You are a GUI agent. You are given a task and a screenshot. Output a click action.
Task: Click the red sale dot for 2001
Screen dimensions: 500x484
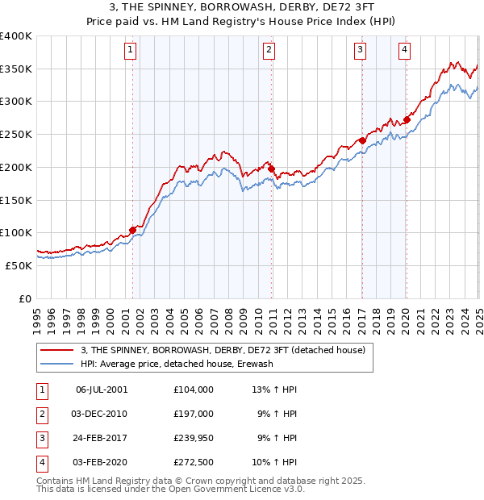click(x=132, y=230)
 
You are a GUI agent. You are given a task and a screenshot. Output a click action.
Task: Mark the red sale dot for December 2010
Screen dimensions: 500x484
click(x=271, y=169)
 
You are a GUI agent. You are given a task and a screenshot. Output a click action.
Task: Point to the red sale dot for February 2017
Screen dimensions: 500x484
click(x=362, y=141)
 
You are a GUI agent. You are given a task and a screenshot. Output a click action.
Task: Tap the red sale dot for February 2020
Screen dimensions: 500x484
click(x=407, y=120)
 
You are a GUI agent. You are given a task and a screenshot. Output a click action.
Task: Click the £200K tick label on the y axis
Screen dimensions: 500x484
click(x=15, y=167)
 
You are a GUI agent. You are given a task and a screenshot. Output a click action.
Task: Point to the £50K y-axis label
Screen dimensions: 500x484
click(x=19, y=265)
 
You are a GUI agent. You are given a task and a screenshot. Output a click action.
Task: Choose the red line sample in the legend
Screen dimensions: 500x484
click(x=56, y=351)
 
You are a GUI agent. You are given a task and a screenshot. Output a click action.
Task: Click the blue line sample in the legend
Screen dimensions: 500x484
click(x=56, y=364)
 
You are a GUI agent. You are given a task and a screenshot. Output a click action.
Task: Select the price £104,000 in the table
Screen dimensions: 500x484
click(x=193, y=389)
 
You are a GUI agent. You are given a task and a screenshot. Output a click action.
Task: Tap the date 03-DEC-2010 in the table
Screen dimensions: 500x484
click(x=101, y=414)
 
